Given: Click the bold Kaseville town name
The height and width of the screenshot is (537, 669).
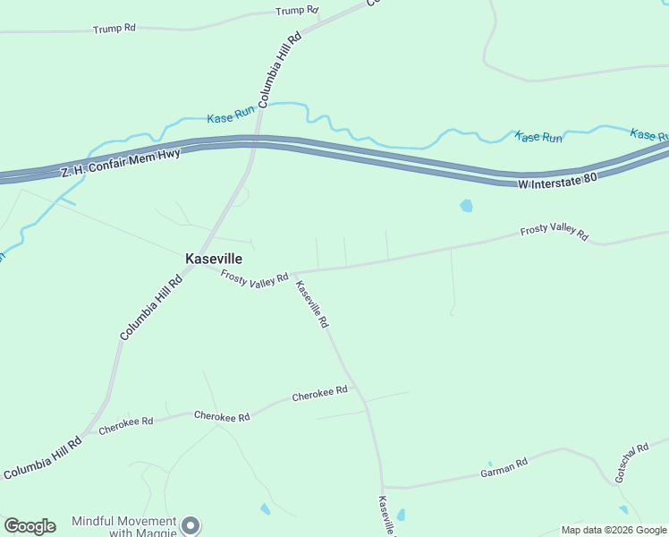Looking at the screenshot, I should (214, 258).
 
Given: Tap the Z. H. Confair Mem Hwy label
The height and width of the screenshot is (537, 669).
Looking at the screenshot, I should (121, 163).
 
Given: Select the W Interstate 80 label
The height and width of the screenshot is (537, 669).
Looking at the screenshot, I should (557, 181).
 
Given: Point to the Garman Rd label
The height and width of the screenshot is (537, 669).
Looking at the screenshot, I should (504, 467).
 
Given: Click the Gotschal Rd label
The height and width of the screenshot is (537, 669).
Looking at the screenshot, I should (631, 463).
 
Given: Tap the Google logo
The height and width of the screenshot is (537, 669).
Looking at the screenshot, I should (30, 526).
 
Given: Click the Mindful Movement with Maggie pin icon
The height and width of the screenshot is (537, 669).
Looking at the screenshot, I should (190, 525).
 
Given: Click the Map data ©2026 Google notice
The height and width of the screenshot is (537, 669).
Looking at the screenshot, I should (614, 530).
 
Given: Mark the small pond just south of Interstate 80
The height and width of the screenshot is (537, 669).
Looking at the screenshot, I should (466, 206).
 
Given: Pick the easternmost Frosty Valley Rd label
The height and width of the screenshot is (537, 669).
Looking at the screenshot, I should (555, 233).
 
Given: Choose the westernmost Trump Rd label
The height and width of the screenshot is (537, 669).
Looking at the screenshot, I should (114, 29).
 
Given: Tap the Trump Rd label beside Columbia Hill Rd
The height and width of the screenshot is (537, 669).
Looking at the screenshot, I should (297, 11).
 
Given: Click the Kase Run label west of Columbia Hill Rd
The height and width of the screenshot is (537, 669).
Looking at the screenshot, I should (231, 116).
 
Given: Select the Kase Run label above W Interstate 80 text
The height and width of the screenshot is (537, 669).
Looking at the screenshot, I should (538, 137).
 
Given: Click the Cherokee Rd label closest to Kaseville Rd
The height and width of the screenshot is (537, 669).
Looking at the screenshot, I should (319, 394).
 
